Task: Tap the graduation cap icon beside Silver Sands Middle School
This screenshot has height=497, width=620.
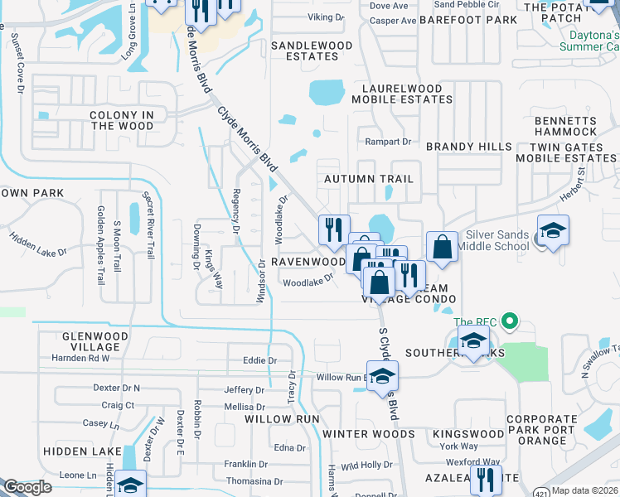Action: pyautogui.click(x=553, y=230)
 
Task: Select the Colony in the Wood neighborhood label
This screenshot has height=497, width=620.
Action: pyautogui.click(x=123, y=120)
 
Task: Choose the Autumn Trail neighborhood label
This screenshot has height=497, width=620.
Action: pyautogui.click(x=368, y=179)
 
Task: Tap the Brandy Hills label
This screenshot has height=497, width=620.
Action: pyautogui.click(x=469, y=147)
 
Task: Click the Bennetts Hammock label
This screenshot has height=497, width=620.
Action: pyautogui.click(x=565, y=126)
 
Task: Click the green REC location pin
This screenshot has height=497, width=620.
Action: pyautogui.click(x=511, y=321)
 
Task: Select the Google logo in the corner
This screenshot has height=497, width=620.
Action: pyautogui.click(x=27, y=487)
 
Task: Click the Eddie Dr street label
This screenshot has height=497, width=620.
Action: pyautogui.click(x=259, y=360)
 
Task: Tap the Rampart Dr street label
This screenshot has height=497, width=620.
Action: pyautogui.click(x=395, y=142)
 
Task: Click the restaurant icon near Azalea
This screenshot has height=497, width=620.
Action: pyautogui.click(x=485, y=479)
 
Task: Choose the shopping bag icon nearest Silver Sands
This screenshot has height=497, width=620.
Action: pyautogui.click(x=443, y=247)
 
